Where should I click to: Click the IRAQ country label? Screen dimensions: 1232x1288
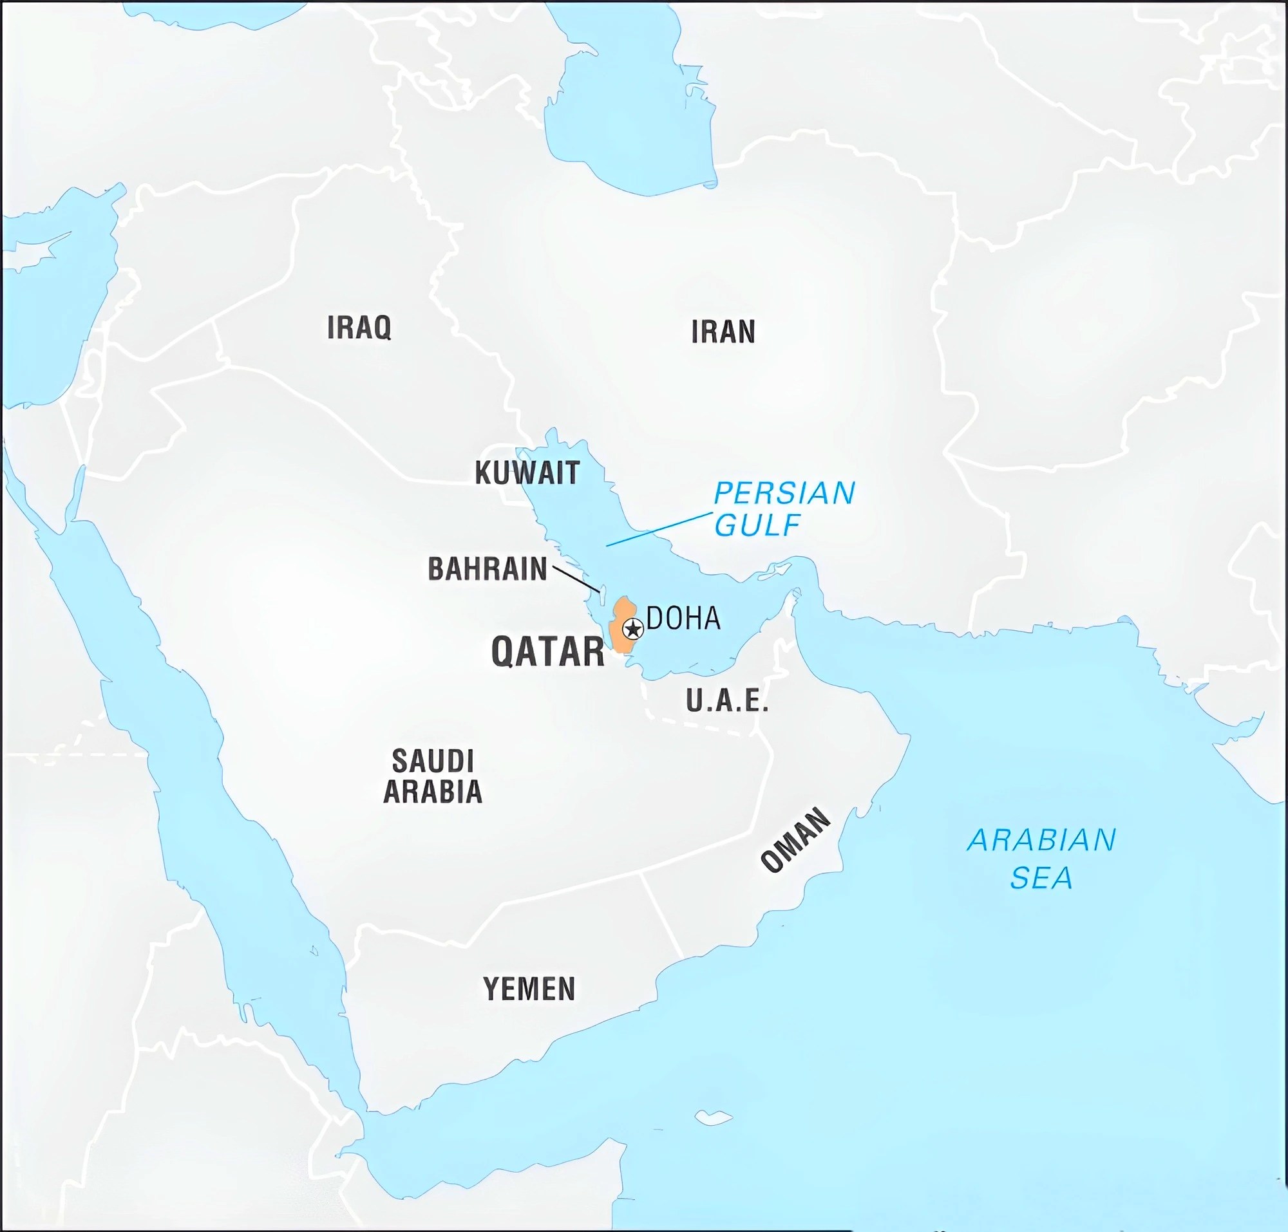pos(359,327)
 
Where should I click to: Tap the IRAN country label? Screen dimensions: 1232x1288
pos(723,331)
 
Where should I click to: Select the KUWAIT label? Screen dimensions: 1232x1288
pos(527,473)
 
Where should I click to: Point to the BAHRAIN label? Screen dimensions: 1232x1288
pos(487,569)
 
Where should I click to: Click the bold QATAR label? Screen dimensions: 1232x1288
pos(547,652)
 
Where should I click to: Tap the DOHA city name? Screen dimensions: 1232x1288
pos(683,619)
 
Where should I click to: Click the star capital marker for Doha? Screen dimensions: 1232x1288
pos(632,629)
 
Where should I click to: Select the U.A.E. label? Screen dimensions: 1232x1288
pos(727,701)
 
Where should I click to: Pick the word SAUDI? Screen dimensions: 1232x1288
pos(432,761)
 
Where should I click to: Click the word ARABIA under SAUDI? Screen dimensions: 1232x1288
pos(432,791)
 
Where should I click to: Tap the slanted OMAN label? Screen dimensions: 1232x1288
pos(795,841)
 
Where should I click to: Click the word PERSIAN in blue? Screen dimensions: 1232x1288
pos(784,493)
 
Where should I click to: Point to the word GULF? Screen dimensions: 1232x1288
pos(757,525)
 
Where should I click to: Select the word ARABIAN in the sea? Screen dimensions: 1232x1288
pos(1041,841)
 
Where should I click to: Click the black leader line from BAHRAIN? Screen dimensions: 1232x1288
pos(576,578)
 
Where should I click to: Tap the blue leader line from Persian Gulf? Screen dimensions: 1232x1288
pos(657,529)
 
